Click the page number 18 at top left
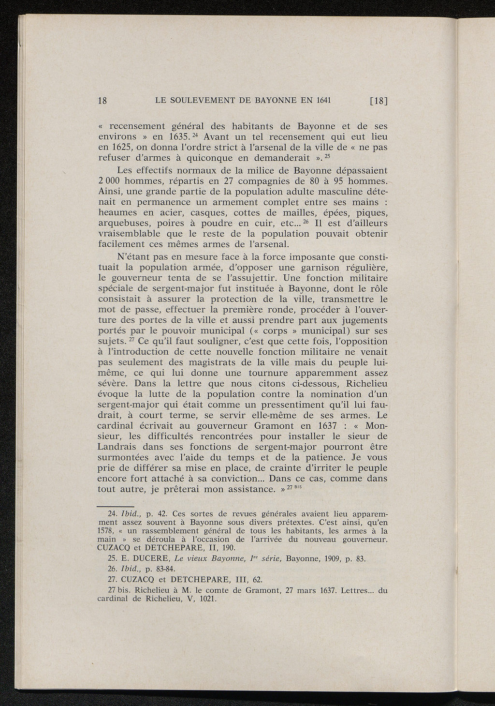[x=102, y=101]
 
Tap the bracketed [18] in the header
[x=379, y=101]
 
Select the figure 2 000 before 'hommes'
[x=111, y=181]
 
